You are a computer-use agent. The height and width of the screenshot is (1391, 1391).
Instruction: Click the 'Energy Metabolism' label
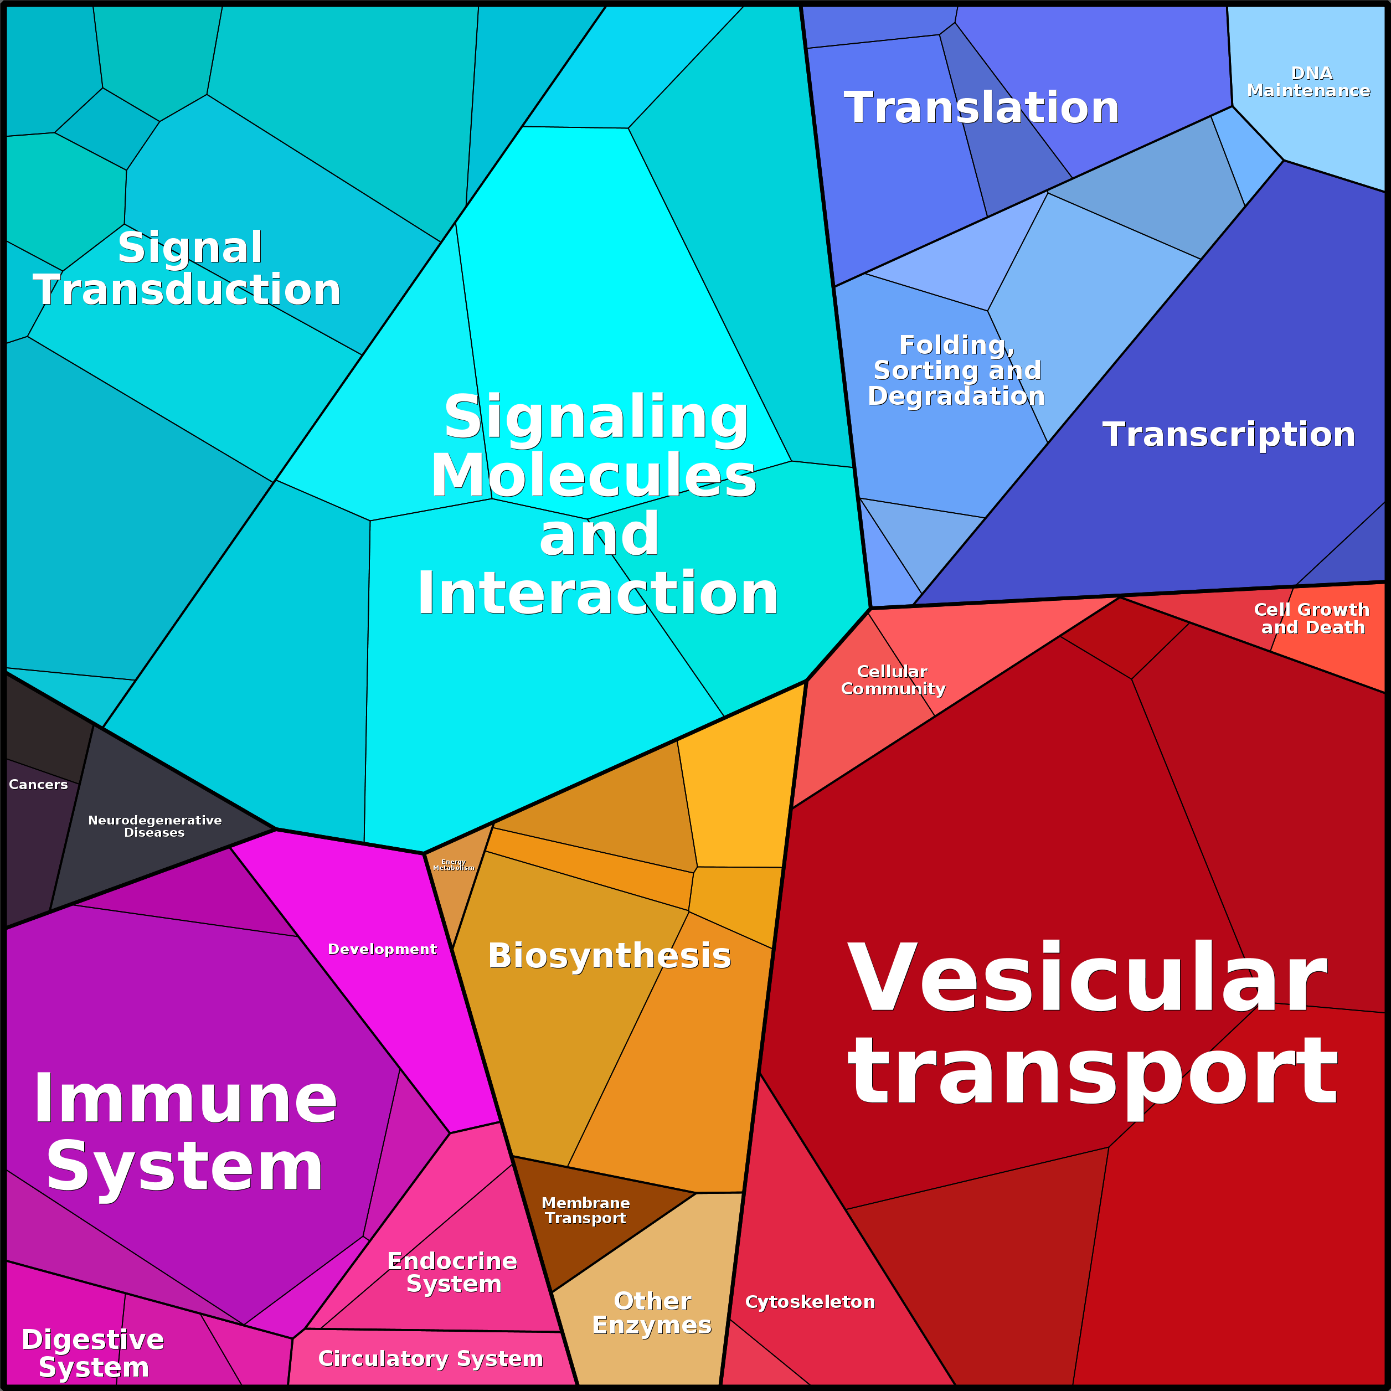[454, 865]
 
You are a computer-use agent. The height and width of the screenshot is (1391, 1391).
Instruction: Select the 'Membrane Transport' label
[585, 1210]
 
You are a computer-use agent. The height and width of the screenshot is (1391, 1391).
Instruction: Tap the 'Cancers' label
[38, 785]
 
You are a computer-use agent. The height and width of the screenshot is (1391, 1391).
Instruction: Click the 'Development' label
[382, 949]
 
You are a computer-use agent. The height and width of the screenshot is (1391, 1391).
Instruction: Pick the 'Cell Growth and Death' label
[1312, 619]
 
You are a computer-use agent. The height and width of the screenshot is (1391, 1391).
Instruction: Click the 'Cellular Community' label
[893, 679]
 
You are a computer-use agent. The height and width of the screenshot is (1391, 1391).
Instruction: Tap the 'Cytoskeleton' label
[810, 1302]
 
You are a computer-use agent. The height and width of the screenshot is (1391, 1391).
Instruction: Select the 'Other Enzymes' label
[652, 1312]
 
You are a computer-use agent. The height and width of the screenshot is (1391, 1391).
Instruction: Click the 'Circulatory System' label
[431, 1358]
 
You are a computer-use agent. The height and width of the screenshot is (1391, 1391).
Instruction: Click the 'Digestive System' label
[93, 1353]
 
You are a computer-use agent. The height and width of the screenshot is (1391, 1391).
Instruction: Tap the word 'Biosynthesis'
[609, 956]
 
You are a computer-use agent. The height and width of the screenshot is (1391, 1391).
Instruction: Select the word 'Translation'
[981, 108]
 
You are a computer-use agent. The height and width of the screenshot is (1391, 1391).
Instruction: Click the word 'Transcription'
[1228, 435]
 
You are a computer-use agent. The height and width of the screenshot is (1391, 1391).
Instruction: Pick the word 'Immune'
[185, 1099]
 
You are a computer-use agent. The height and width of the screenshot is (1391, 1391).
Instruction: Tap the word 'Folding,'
[957, 345]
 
